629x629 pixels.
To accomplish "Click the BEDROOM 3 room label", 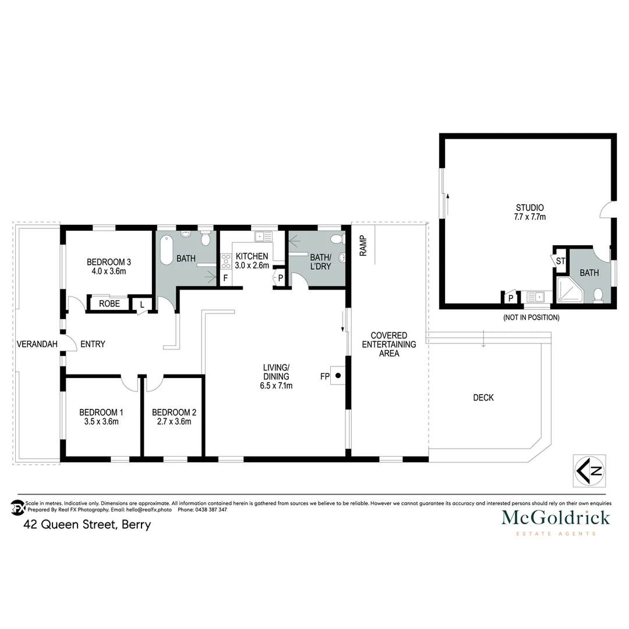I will tap(107, 262).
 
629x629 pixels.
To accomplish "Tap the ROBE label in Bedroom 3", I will tap(109, 303).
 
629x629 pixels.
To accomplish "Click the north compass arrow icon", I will tap(589, 470).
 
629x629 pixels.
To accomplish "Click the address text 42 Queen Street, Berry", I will tap(87, 524).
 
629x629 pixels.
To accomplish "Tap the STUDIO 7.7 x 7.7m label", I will tap(530, 212).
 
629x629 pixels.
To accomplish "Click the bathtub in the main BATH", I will tap(166, 250).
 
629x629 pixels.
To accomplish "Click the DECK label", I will tap(483, 398).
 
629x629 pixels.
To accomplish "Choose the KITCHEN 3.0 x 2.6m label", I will tap(252, 261).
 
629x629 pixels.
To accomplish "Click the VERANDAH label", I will tap(37, 344).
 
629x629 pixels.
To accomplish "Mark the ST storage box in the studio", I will tap(560, 262).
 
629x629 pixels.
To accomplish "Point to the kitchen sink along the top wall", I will tap(263, 236).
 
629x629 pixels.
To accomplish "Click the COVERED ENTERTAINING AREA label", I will tap(389, 344).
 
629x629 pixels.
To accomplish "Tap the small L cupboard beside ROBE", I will tap(142, 303).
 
